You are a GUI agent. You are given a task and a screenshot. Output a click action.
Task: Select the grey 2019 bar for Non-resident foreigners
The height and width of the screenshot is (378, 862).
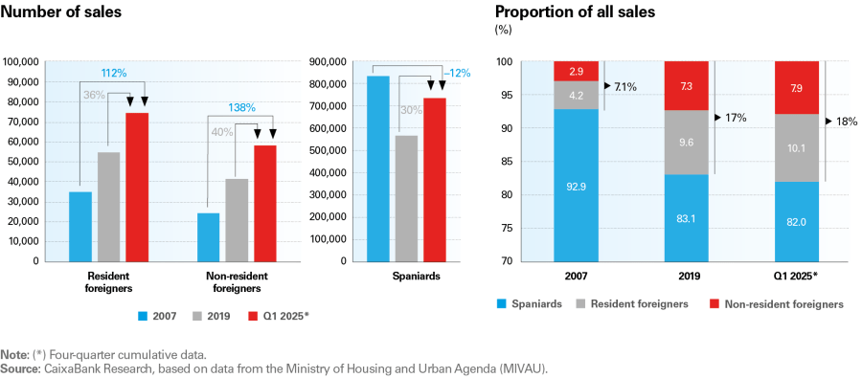237,219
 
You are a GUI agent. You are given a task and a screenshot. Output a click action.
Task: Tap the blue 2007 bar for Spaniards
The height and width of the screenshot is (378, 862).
378,167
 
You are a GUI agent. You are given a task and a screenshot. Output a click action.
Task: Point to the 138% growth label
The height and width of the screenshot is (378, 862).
241,107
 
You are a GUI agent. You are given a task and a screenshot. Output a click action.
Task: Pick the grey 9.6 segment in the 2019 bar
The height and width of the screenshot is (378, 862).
686,141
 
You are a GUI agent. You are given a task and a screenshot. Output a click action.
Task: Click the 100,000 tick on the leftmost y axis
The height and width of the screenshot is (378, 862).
22,62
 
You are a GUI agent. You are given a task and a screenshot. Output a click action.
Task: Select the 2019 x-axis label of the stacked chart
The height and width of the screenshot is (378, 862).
686,276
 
